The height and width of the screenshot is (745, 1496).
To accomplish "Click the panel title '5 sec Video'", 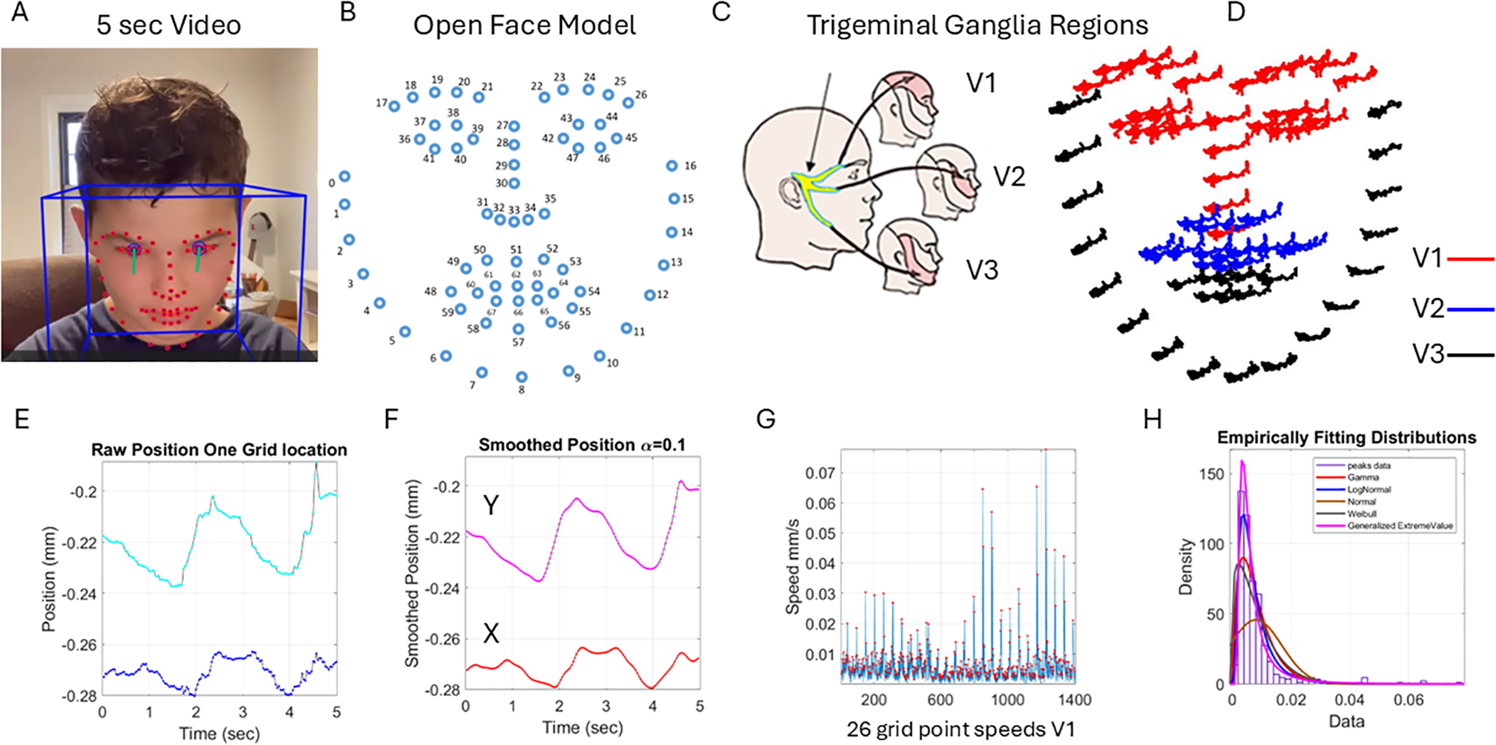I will pos(168,25).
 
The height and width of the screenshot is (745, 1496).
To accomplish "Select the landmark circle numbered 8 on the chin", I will pos(522,377).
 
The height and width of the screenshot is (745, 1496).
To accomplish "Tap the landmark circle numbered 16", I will pos(672,166).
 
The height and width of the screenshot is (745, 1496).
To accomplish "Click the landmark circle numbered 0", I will pos(345,176).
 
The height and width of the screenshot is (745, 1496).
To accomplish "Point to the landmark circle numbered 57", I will pos(518,329).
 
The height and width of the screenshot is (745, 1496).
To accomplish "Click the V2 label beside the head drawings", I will pos(1009,177).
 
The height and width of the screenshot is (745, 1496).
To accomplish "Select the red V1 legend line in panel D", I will pos(1470,259).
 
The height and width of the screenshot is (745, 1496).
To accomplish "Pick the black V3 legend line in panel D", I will pos(1470,355).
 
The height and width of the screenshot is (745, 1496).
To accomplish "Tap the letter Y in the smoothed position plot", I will pos(490,505).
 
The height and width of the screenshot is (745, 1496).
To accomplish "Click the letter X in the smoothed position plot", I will pos(490,633).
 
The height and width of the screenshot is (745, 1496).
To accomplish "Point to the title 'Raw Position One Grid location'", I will pos(219,450).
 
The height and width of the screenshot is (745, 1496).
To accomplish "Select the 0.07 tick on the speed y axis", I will pos(820,473).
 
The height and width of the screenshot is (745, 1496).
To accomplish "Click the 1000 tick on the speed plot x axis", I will pos(1007,700).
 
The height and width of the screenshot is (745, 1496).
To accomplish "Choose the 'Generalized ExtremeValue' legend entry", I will pos(1400,526).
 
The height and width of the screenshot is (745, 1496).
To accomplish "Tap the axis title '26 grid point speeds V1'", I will pos(960,729).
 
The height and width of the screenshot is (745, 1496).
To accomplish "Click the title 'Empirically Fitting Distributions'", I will pos(1346,437).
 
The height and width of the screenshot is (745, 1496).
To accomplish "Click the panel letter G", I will pos(765,419).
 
